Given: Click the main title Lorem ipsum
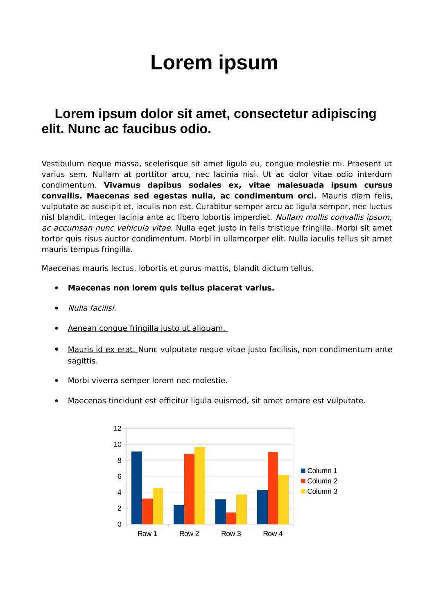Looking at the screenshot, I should [x=214, y=63].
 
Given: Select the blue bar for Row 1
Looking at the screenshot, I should [x=137, y=488].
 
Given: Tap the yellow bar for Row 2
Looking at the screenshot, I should [x=200, y=485].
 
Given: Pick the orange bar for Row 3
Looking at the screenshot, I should [x=231, y=518].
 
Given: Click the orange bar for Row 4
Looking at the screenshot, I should [x=273, y=488].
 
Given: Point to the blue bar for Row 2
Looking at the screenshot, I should [x=179, y=515].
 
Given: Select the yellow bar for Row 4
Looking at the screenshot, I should [x=283, y=499].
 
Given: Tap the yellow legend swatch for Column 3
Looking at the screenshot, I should [x=303, y=491].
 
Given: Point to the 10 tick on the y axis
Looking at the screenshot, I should [x=118, y=445].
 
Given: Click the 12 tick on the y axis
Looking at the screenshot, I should [x=118, y=429].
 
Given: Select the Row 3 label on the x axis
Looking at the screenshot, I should [x=231, y=534].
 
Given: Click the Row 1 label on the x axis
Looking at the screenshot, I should [x=147, y=534].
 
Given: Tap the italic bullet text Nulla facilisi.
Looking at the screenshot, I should [x=92, y=308].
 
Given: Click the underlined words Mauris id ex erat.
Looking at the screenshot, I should [x=102, y=350].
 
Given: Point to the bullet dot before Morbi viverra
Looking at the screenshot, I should [x=57, y=381].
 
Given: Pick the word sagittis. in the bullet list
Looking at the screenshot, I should [x=83, y=361].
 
